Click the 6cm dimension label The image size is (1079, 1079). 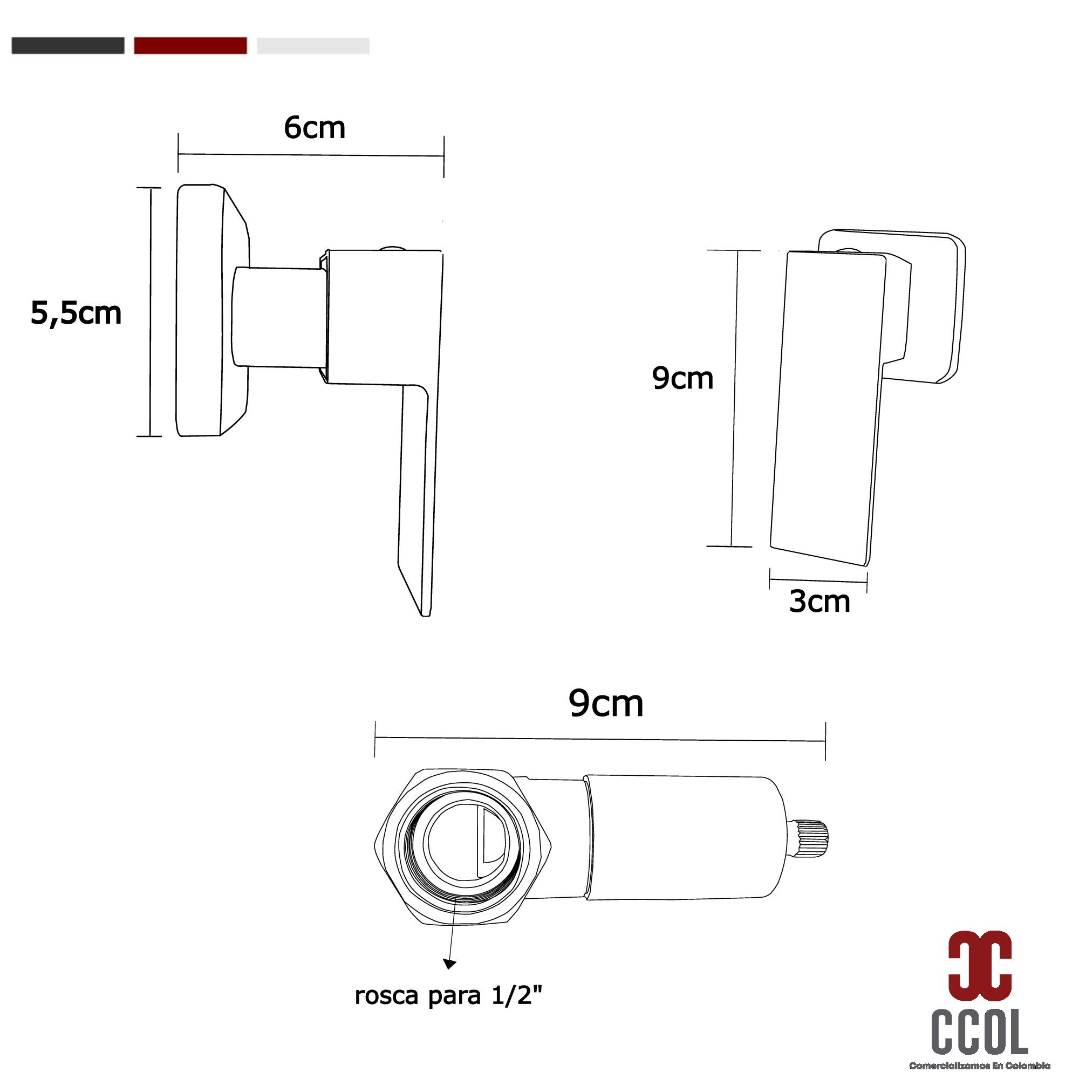pyautogui.click(x=315, y=128)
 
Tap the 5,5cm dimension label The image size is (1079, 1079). pyautogui.click(x=76, y=313)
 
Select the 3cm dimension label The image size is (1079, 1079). pyautogui.click(x=820, y=602)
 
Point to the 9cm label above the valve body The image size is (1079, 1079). pyautogui.click(x=606, y=703)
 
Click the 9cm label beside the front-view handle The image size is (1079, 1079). pyautogui.click(x=682, y=378)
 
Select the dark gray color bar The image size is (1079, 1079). pyautogui.click(x=67, y=46)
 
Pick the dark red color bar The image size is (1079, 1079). pyautogui.click(x=190, y=46)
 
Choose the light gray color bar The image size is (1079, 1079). pyautogui.click(x=313, y=46)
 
